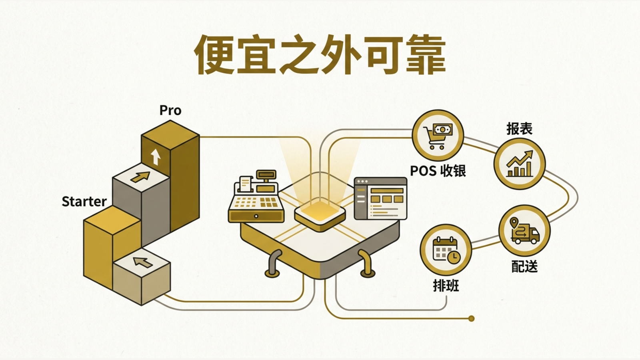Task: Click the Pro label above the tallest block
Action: pyautogui.click(x=170, y=110)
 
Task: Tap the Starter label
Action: pyautogui.click(x=84, y=202)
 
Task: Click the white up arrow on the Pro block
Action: pyautogui.click(x=156, y=157)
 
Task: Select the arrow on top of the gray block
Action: pyautogui.click(x=140, y=176)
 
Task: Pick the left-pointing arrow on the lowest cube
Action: pyautogui.click(x=143, y=262)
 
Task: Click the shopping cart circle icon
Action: pyautogui.click(x=438, y=136)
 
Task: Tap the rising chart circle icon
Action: pyautogui.click(x=520, y=164)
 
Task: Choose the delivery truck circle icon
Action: pyautogui.click(x=524, y=230)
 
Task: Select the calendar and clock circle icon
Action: pyautogui.click(x=446, y=250)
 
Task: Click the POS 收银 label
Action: pyautogui.click(x=438, y=171)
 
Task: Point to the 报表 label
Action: pyautogui.click(x=520, y=129)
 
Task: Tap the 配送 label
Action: pyautogui.click(x=524, y=266)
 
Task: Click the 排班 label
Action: pyautogui.click(x=446, y=286)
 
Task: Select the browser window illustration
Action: pyautogui.click(x=380, y=198)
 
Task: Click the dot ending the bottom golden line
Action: pyautogui.click(x=472, y=318)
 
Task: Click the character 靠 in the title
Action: pyautogui.click(x=425, y=54)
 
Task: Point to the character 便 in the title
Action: pyautogui.click(x=214, y=54)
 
